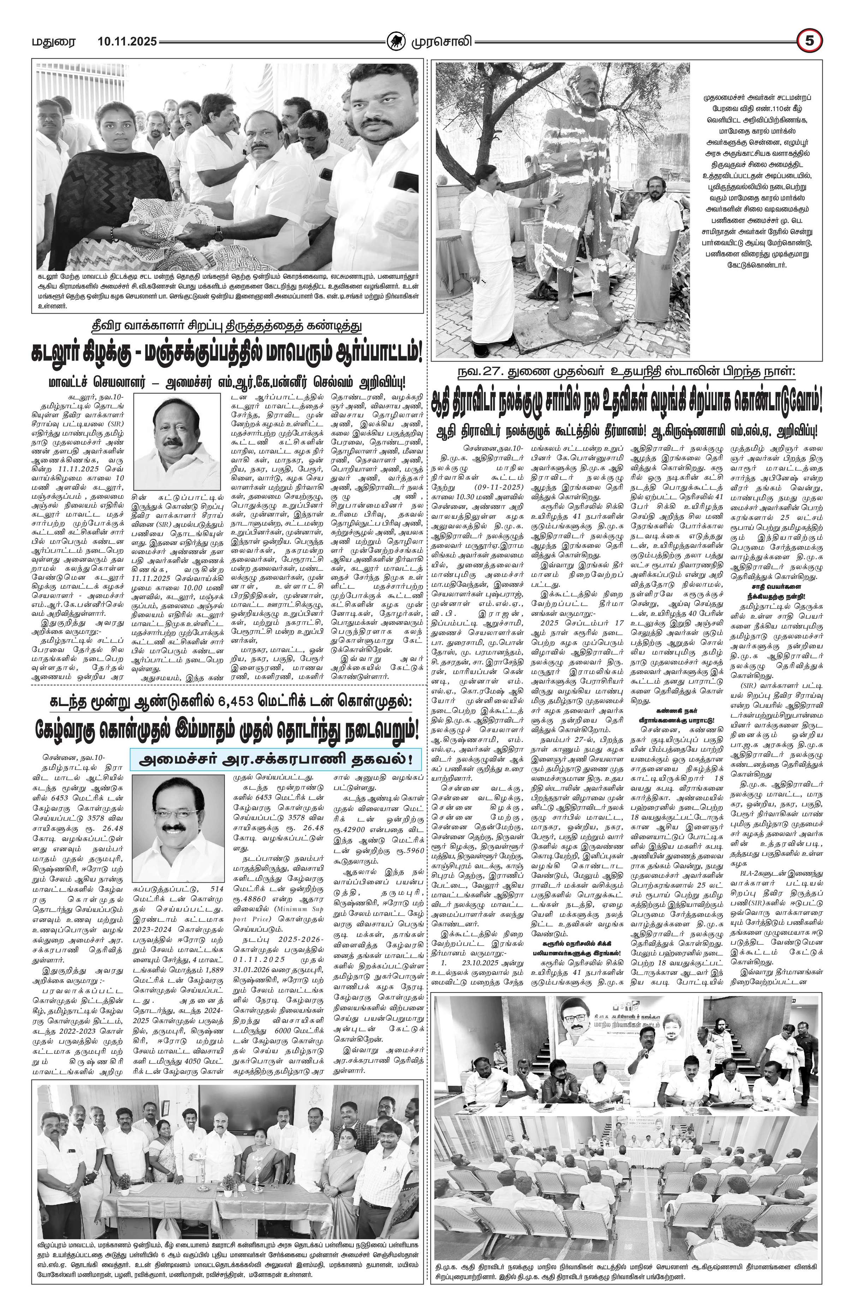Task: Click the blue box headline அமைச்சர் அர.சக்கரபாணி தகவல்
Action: pos(271,760)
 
